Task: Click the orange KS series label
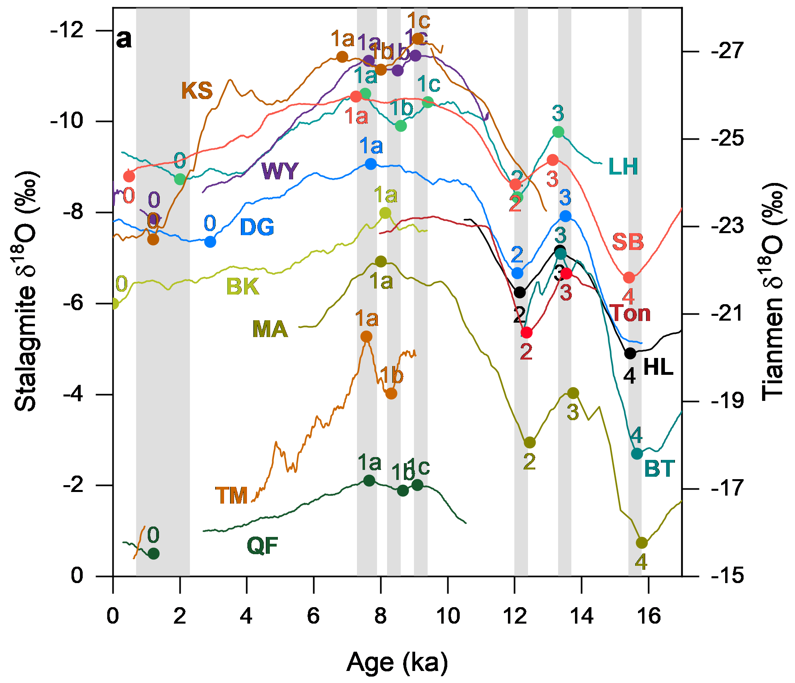point(197,91)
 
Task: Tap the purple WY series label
point(280,171)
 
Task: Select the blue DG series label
point(257,227)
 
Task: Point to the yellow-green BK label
point(243,287)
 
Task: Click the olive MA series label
point(270,329)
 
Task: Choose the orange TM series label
point(232,495)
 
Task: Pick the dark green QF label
point(262,546)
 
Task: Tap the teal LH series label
point(623,167)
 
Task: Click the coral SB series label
point(628,242)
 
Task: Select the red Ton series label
point(630,313)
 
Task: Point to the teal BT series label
point(659,469)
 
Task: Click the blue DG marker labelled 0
point(210,242)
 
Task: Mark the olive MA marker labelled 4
point(642,543)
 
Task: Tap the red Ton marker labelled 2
point(526,332)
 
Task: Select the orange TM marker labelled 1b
point(391,394)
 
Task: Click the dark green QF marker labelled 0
point(153,554)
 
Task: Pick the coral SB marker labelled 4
point(629,277)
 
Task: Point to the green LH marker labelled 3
point(558,132)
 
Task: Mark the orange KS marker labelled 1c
point(418,39)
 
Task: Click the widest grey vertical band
point(163,292)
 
